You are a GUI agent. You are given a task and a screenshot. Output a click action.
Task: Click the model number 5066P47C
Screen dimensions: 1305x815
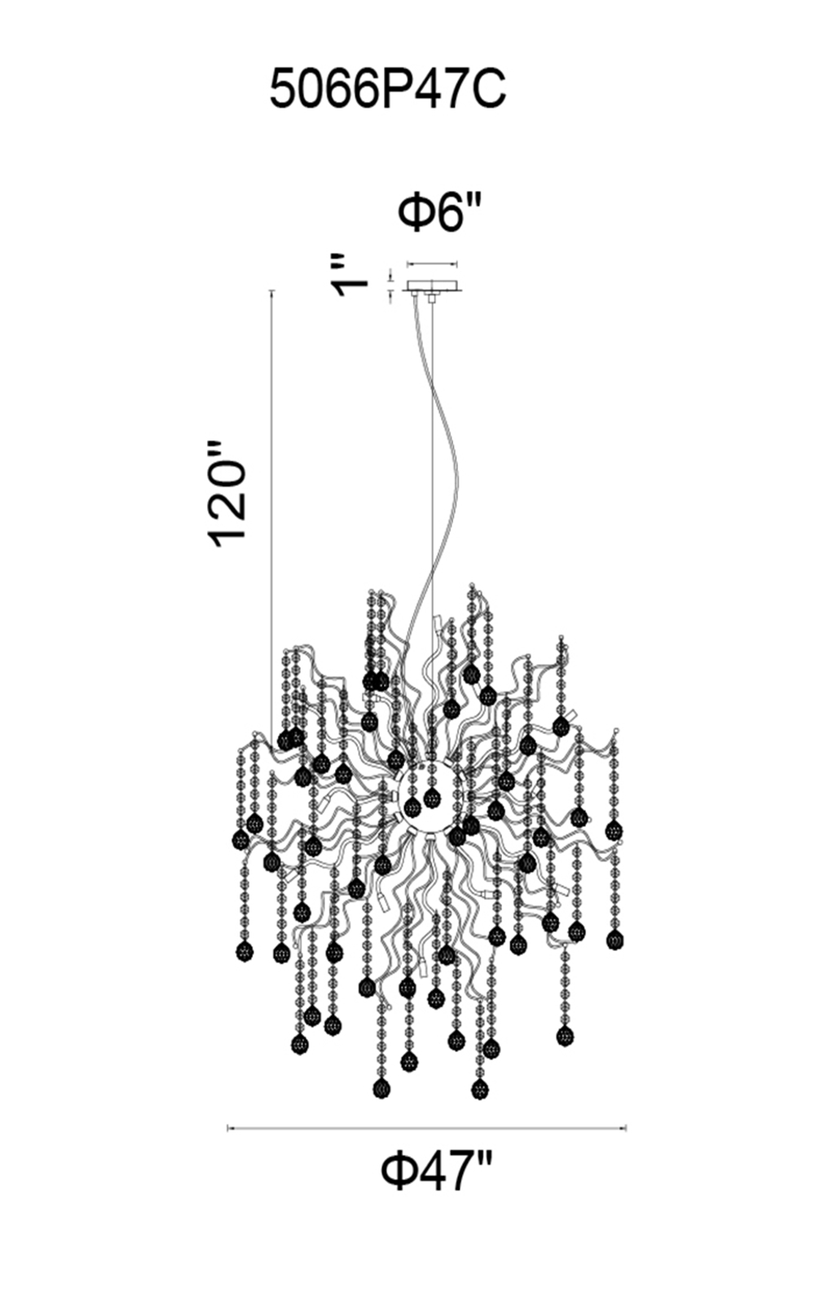388,90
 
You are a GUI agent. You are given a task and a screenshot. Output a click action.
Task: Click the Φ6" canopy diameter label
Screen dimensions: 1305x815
440,214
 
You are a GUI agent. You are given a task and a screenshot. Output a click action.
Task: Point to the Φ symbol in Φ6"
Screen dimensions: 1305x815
415,214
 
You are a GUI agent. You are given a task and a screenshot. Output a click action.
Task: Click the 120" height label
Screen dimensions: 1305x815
227,493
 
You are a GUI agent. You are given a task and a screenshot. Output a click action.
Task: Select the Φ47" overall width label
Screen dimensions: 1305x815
437,1171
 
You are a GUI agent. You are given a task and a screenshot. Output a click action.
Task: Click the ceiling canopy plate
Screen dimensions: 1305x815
432,288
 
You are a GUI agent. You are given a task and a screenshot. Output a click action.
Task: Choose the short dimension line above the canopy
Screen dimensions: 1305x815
432,264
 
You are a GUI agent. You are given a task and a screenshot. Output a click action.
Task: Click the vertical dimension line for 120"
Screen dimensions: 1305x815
271,506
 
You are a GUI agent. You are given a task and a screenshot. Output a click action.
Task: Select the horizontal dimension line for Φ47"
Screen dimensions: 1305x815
426,1129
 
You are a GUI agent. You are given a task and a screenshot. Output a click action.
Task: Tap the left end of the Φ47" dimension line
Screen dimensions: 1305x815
228,1129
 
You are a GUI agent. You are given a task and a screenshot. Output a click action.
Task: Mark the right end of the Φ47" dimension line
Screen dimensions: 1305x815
625,1129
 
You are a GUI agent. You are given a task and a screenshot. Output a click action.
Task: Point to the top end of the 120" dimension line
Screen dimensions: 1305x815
271,290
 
